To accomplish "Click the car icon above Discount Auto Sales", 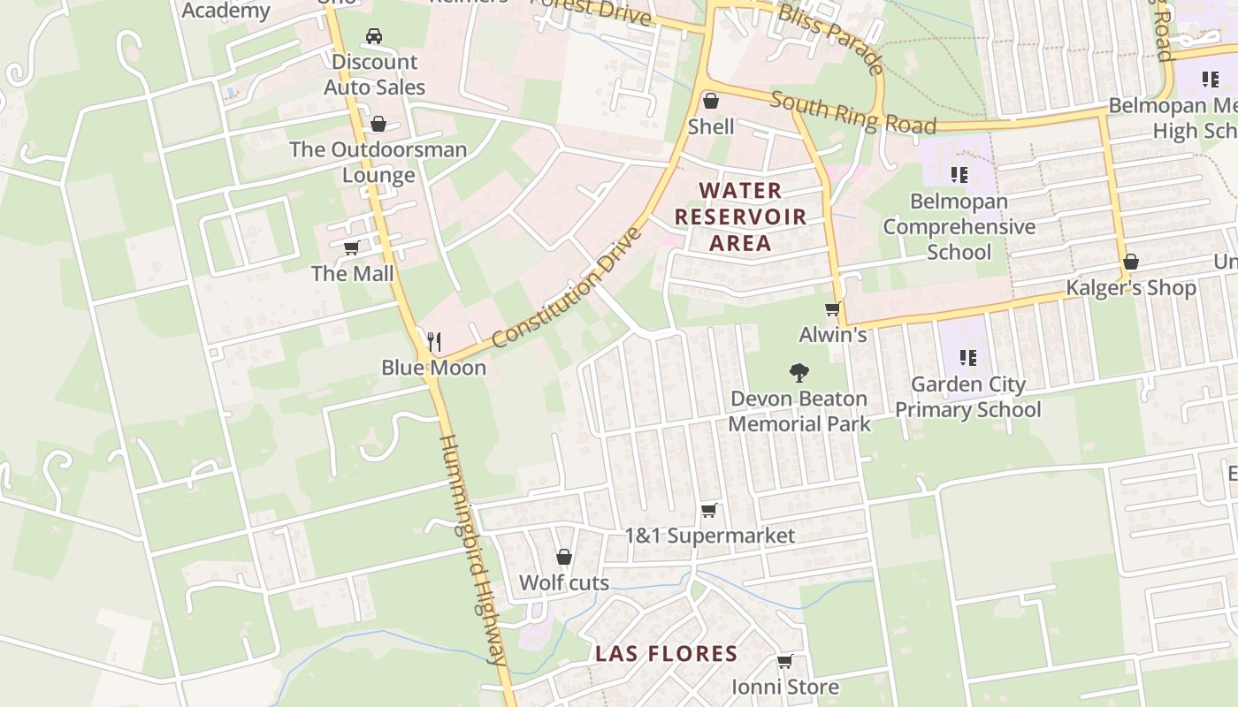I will [x=373, y=36].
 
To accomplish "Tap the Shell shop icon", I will [x=710, y=101].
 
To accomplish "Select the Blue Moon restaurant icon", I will [x=433, y=341].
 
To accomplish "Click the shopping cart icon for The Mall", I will [x=351, y=247].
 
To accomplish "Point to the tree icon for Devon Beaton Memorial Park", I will [x=799, y=373].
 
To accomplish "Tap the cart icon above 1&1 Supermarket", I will [x=708, y=511].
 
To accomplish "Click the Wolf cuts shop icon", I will [x=563, y=557].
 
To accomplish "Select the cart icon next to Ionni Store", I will [x=784, y=661].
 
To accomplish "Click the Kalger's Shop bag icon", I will [x=1130, y=262].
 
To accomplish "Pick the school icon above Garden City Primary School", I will [x=967, y=358].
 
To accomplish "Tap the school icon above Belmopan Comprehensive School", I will [x=959, y=175].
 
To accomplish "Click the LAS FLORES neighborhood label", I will [x=666, y=654].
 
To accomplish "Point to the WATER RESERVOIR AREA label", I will [x=740, y=217].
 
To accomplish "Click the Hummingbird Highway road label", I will [x=473, y=548].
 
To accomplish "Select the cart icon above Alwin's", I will [x=831, y=309].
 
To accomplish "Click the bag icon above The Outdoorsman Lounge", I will [x=378, y=124].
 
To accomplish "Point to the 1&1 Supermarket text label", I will [x=709, y=536].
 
